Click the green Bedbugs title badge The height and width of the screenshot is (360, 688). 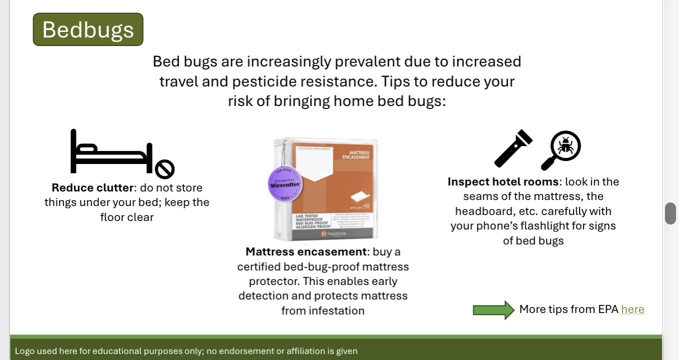[88, 29]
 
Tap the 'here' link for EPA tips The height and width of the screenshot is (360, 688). [632, 309]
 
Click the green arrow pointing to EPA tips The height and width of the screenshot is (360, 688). [493, 310]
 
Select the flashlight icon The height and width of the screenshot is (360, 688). [513, 148]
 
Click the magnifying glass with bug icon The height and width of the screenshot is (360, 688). [561, 150]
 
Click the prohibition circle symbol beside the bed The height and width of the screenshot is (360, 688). [164, 169]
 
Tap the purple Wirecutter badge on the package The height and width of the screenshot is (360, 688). [285, 183]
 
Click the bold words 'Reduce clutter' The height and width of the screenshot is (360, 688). [93, 188]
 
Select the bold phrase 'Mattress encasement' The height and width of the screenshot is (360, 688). [306, 251]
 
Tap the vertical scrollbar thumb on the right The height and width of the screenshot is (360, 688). [670, 213]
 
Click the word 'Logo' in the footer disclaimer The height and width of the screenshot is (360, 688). [24, 351]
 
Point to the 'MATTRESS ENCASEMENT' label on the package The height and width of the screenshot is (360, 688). [355, 155]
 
